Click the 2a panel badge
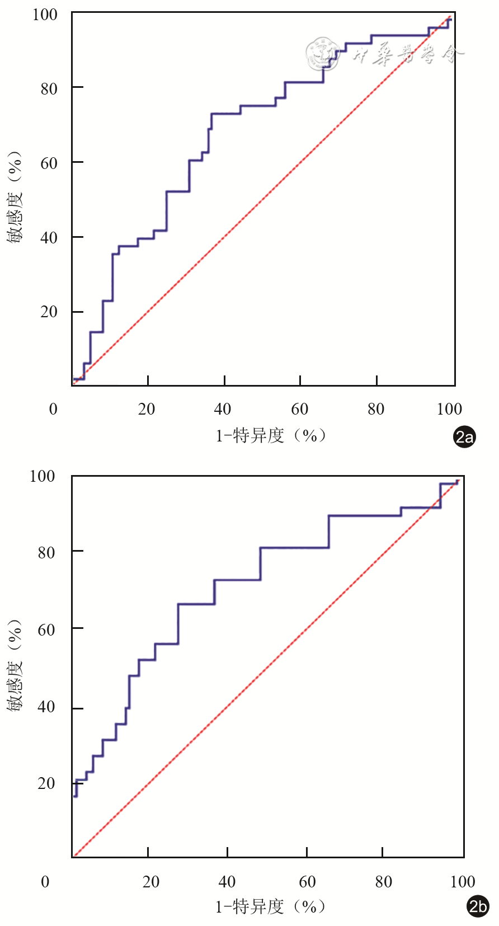[x=464, y=436]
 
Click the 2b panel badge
[x=478, y=906]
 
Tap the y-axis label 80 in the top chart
[x=49, y=88]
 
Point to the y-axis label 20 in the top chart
[x=49, y=312]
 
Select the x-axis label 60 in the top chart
[x=300, y=409]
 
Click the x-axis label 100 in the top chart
[x=449, y=409]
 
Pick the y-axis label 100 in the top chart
[x=45, y=15]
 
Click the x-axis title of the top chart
[x=271, y=435]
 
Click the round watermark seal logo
[x=322, y=54]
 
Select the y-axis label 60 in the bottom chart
[x=46, y=629]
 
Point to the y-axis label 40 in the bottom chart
[x=46, y=707]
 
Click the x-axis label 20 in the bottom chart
[x=151, y=882]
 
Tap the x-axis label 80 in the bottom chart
[x=384, y=882]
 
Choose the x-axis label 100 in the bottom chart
[x=463, y=882]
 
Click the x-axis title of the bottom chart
[x=271, y=906]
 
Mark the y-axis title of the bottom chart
[x=15, y=666]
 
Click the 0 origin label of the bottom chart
[x=45, y=882]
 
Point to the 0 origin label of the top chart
[x=53, y=409]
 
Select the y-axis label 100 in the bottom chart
[x=43, y=476]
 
